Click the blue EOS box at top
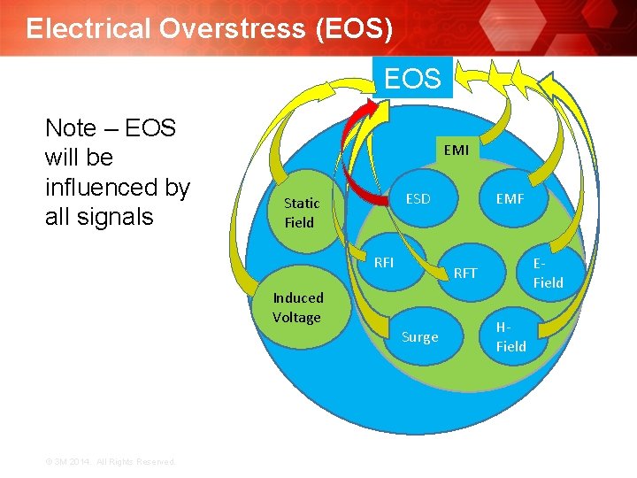coord(412,78)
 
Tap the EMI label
coord(457,150)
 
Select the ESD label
coord(418,198)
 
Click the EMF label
coord(510,199)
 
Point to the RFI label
coord(384,262)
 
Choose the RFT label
coord(464,273)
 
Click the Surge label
coord(419,336)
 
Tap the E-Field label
coord(548,273)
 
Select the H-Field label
coord(510,336)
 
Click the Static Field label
coord(301,212)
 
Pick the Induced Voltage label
coord(298,307)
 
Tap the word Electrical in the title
coord(88,28)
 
